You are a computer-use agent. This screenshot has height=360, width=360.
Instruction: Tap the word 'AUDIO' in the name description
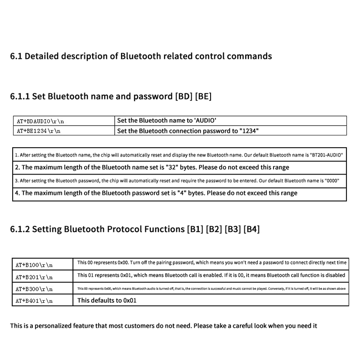(x=205, y=121)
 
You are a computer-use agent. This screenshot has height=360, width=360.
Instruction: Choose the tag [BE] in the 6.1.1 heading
(x=203, y=96)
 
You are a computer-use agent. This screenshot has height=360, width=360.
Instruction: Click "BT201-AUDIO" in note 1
(x=327, y=155)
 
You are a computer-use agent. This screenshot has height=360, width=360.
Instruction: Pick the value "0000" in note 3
(x=332, y=180)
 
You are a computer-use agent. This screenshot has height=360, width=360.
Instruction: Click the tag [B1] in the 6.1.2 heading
(x=195, y=229)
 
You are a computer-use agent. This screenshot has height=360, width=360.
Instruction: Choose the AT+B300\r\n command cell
(x=34, y=289)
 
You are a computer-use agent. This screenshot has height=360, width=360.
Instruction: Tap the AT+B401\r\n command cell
(x=34, y=301)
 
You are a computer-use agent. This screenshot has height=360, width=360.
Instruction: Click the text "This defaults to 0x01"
(x=107, y=300)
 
